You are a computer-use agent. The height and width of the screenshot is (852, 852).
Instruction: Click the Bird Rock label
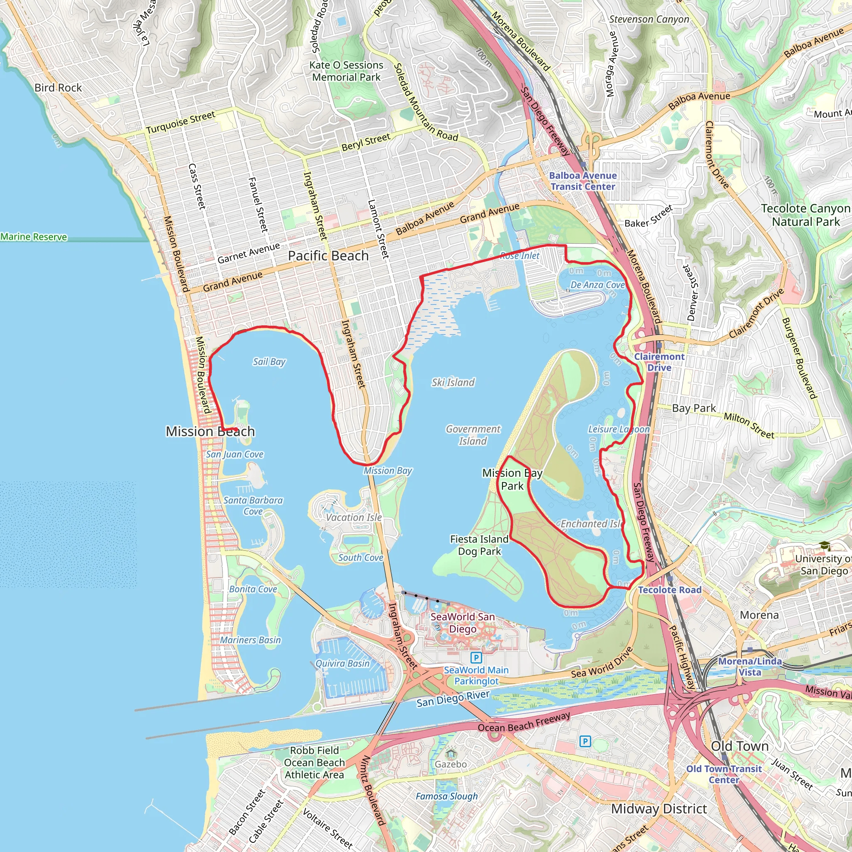[x=58, y=88]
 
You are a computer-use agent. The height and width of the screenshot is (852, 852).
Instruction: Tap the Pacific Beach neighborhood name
[x=328, y=256]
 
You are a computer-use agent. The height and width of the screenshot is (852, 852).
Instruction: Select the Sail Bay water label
[x=269, y=362]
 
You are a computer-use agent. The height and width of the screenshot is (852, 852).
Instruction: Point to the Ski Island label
[x=453, y=382]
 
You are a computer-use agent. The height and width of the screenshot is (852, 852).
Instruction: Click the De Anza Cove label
[x=597, y=285]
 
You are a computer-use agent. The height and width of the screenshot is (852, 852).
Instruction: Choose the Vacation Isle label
[x=354, y=517]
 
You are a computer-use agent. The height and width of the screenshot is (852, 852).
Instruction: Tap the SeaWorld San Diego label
[x=463, y=623]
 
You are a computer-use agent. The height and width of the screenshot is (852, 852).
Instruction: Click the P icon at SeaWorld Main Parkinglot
[x=476, y=658]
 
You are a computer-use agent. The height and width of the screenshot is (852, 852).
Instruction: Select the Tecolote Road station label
[x=669, y=590]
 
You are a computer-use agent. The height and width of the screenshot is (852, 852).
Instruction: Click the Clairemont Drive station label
[x=659, y=362]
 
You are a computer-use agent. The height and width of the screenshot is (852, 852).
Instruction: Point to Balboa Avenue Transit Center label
[x=582, y=181]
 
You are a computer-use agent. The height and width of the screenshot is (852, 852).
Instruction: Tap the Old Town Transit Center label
[x=724, y=774]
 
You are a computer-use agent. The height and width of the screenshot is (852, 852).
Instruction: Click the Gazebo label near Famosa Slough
[x=450, y=764]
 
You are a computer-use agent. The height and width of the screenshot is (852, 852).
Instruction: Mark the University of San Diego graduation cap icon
[x=825, y=546]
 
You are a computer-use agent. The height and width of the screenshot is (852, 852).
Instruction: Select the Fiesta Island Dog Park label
[x=479, y=545]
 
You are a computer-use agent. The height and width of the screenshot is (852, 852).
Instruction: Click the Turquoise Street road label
[x=181, y=123]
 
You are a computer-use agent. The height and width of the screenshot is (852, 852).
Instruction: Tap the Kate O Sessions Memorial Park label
[x=346, y=71]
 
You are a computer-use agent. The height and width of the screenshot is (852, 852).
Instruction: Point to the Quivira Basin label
[x=342, y=664]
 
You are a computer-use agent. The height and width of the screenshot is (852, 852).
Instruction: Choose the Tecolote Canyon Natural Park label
[x=806, y=215]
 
